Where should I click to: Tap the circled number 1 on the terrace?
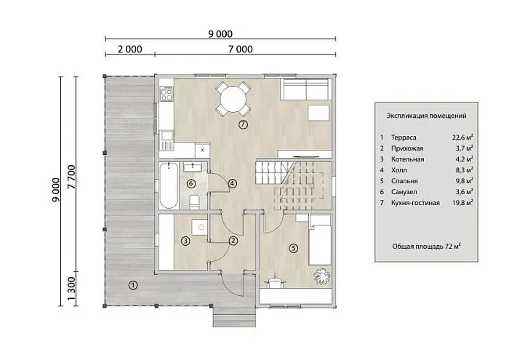(x=133, y=285)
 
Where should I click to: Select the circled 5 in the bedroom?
(x=293, y=248)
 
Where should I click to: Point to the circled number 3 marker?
(x=185, y=241)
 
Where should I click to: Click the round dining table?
(x=233, y=99)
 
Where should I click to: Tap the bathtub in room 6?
(x=169, y=186)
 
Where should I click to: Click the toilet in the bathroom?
(x=194, y=202)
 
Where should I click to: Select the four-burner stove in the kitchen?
(x=167, y=94)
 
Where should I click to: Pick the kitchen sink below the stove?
(x=167, y=140)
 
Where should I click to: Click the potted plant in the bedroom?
(x=322, y=276)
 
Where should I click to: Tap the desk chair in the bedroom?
(x=276, y=281)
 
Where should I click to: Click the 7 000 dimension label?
(x=240, y=49)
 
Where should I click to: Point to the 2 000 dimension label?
(x=130, y=49)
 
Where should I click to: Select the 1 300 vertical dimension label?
(x=71, y=289)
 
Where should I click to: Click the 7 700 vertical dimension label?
(x=71, y=177)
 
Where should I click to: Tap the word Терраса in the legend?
(x=404, y=137)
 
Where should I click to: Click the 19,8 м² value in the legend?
(x=462, y=203)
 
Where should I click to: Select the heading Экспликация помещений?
(x=426, y=116)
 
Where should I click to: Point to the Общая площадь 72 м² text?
(x=426, y=247)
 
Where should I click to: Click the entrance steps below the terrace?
(x=234, y=316)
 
